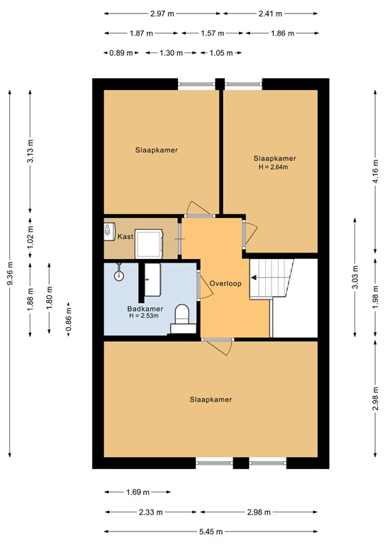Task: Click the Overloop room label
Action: [x=226, y=283]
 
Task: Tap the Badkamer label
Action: [x=145, y=309]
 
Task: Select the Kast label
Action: [x=125, y=236]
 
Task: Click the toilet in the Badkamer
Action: [x=182, y=315]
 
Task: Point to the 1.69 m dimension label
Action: [x=138, y=492]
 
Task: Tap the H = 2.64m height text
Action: [x=274, y=167]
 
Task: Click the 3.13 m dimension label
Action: [x=30, y=150]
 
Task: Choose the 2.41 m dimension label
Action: [x=270, y=13]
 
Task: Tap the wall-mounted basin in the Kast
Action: [x=108, y=231]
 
